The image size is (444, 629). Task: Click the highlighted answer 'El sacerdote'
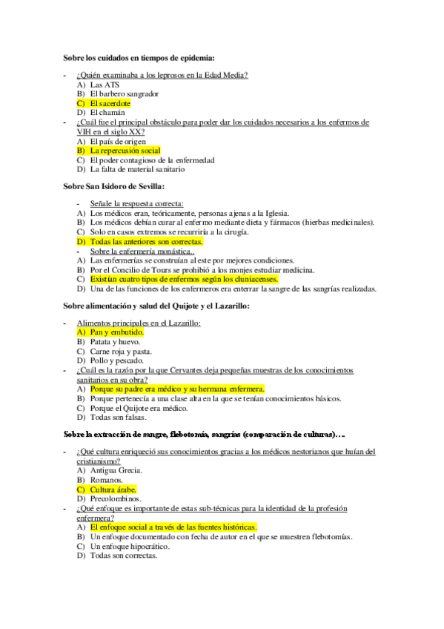click(110, 103)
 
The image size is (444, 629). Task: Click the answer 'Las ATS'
click(104, 85)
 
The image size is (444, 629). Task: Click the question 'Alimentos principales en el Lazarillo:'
click(139, 323)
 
